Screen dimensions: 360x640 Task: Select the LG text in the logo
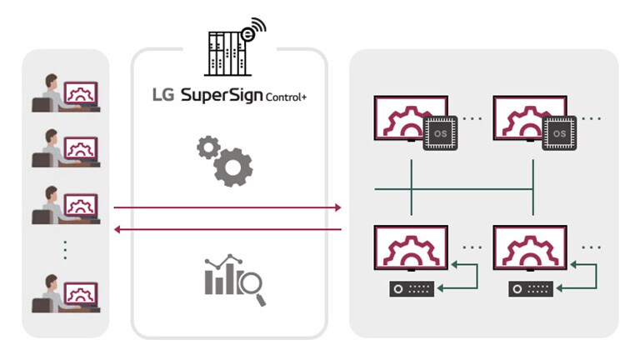[x=163, y=95]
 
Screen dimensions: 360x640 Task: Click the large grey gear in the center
[x=232, y=166]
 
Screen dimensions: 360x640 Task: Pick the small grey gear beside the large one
[x=207, y=148]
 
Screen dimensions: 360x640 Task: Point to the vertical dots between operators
[x=64, y=248]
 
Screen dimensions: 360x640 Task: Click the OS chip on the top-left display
[x=440, y=132]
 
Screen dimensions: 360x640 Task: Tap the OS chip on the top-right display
[x=561, y=132]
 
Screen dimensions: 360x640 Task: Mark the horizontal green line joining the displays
[x=453, y=189]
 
